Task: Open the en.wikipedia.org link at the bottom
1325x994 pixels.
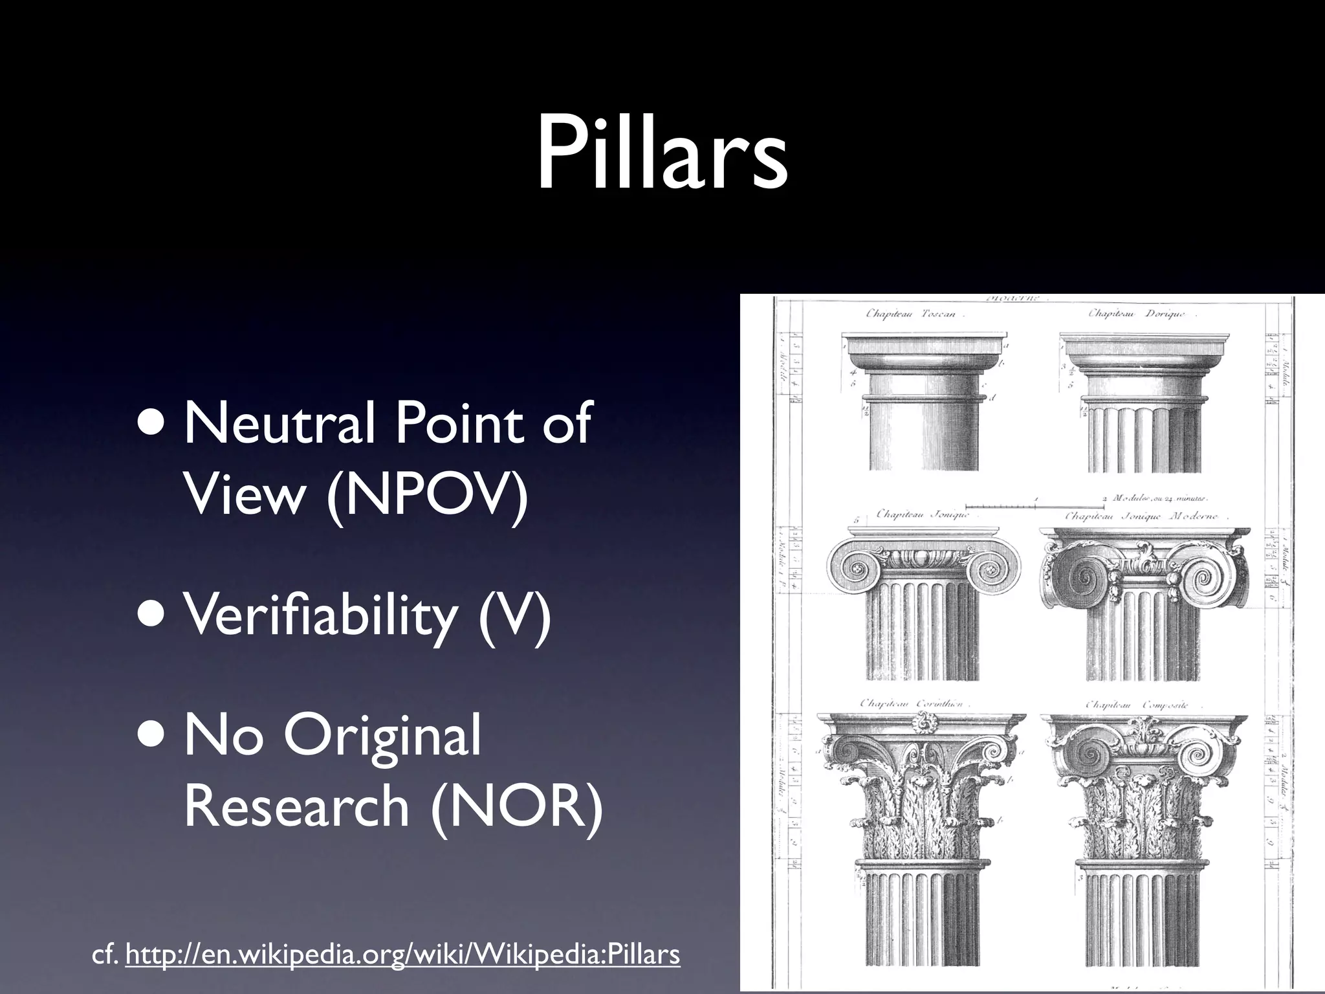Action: click(402, 955)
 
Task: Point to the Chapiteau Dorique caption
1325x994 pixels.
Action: click(1142, 314)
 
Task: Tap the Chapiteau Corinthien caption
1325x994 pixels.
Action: click(911, 703)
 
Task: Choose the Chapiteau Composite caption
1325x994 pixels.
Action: click(1137, 705)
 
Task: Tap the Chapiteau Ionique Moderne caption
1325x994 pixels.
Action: click(1142, 517)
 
